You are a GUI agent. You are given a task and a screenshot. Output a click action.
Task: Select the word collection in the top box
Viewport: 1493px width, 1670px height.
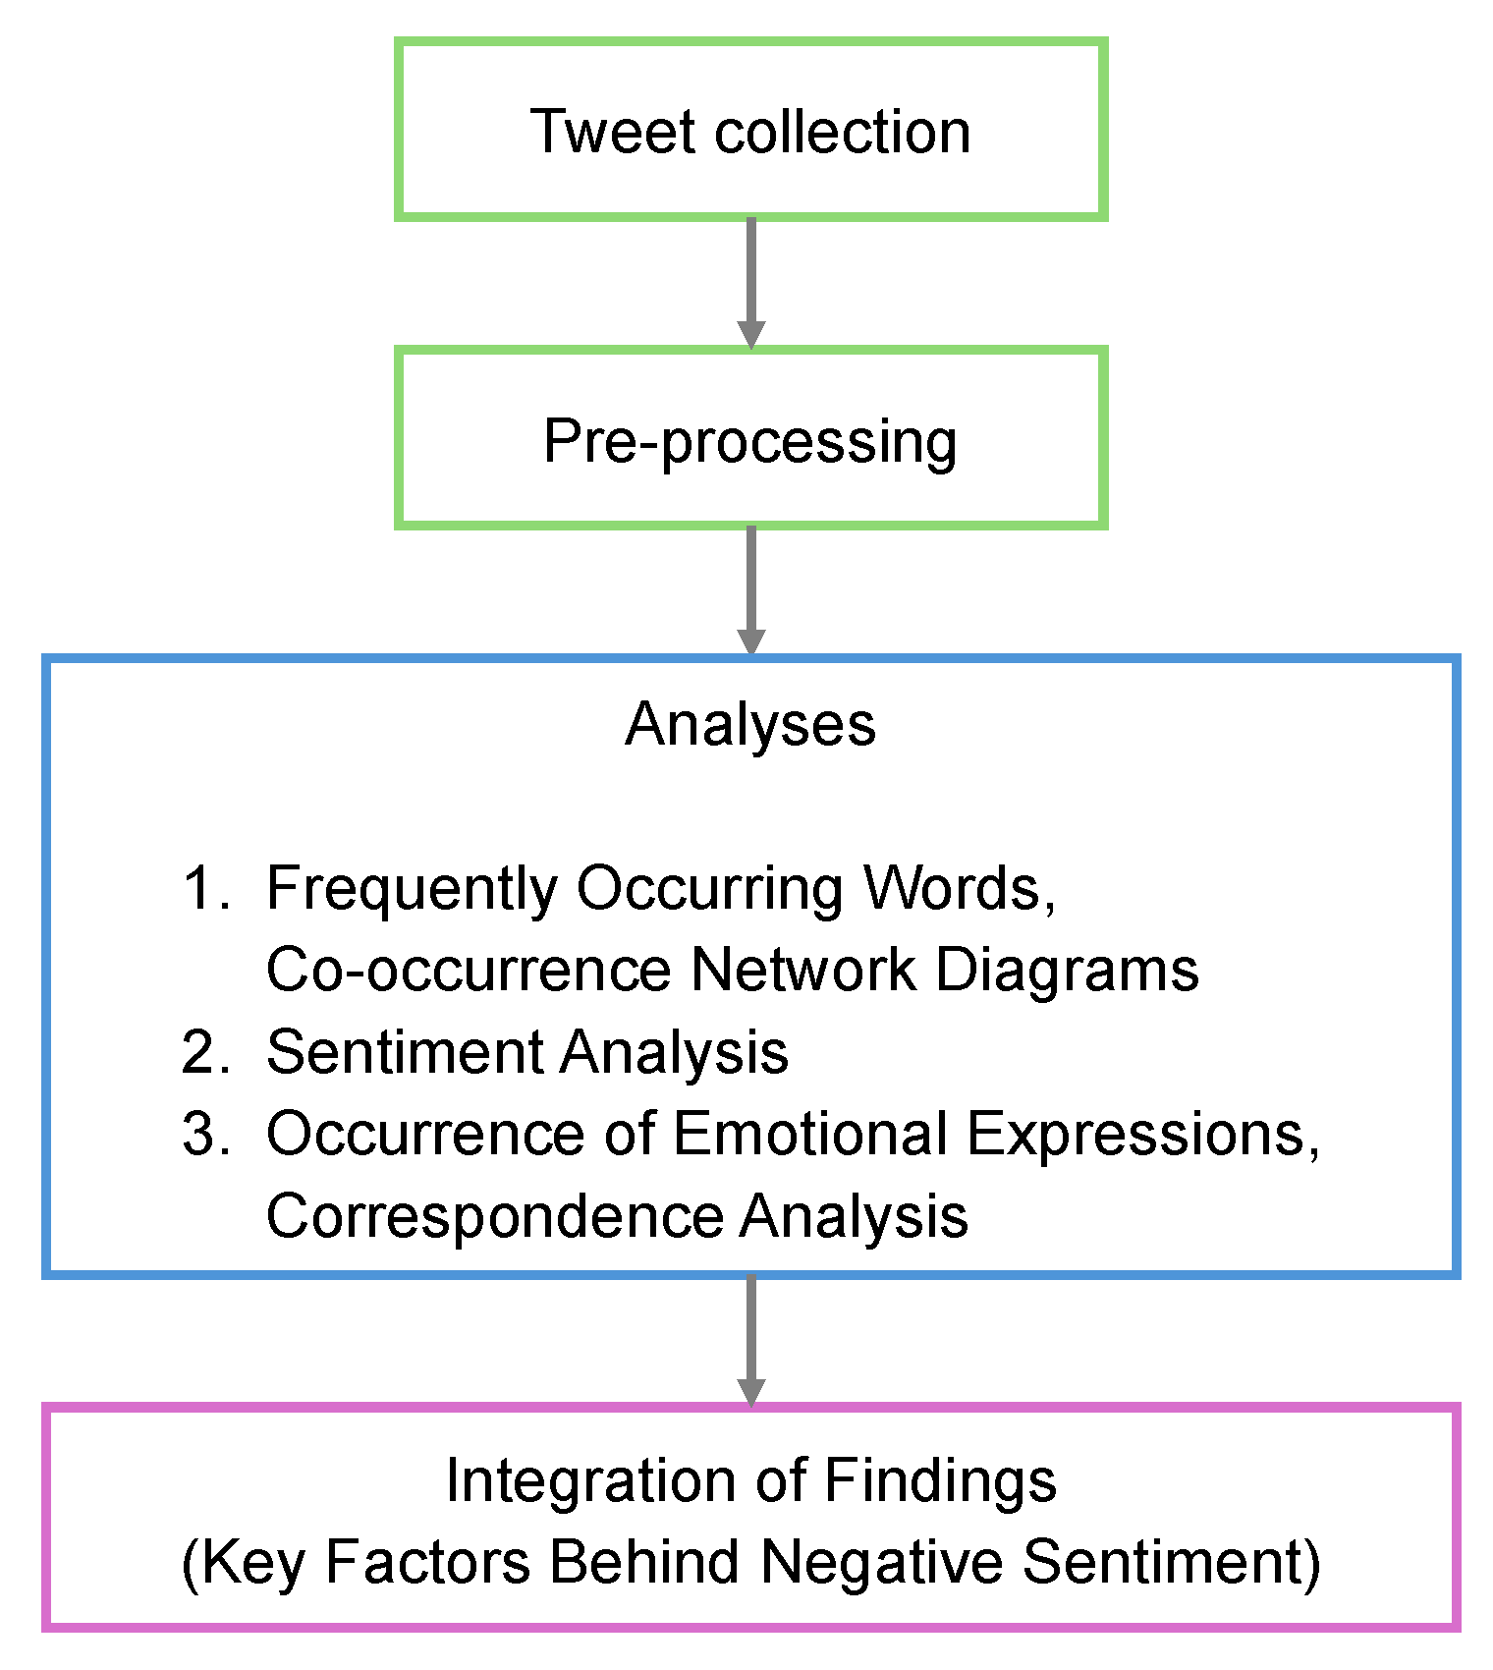842,132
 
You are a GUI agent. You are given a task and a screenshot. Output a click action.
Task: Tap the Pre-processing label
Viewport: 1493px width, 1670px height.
750,442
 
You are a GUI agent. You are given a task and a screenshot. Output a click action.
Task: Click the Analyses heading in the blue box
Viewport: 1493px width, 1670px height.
750,725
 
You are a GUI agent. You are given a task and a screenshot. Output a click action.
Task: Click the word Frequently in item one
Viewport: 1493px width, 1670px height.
411,890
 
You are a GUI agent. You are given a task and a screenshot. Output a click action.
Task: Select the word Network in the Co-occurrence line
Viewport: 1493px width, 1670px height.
803,971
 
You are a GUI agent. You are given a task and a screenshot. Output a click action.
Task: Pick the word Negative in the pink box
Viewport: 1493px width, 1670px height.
882,1562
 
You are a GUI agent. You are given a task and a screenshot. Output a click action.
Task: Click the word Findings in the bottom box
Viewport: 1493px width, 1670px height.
940,1481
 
